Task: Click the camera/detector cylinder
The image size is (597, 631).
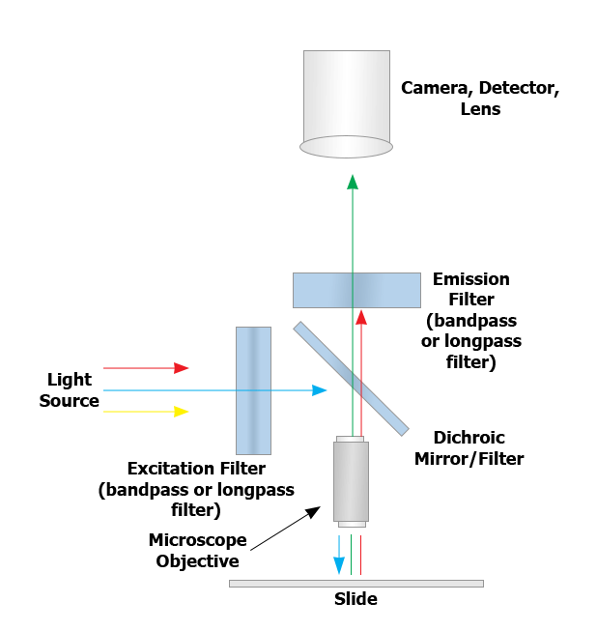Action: [347, 103]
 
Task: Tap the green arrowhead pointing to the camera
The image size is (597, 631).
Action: [353, 182]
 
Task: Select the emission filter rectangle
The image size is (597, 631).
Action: [356, 290]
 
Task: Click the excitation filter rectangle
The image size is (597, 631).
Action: [253, 390]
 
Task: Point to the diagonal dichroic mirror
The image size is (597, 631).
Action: [351, 379]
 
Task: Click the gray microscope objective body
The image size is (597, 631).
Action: [351, 481]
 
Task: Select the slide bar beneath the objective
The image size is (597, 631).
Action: [356, 584]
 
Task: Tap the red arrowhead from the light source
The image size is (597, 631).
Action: [181, 368]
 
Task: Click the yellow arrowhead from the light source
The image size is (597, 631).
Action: [181, 412]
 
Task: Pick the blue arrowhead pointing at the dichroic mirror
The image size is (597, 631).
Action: [320, 390]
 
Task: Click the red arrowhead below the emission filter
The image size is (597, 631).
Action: [361, 318]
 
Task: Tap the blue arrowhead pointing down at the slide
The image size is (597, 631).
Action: [339, 566]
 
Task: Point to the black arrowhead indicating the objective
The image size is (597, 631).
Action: [313, 512]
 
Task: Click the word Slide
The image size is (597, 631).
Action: [356, 599]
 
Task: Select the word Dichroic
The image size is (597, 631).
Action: [469, 438]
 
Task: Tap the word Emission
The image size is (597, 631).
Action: [471, 279]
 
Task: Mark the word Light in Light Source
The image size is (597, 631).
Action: [70, 380]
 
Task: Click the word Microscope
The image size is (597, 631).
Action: [197, 540]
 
